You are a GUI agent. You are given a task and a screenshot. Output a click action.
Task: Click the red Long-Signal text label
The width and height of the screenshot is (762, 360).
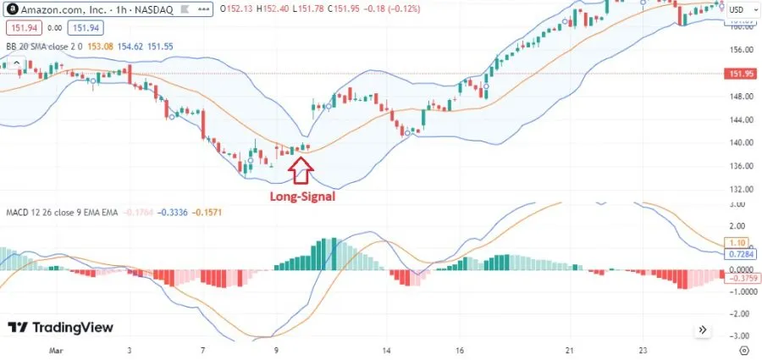(x=302, y=197)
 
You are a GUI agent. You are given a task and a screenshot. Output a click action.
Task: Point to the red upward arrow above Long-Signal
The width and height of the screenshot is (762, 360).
(x=301, y=172)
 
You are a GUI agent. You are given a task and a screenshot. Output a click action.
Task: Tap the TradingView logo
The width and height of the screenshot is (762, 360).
(x=60, y=328)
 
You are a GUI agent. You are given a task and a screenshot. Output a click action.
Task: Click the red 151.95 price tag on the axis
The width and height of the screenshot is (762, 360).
(x=741, y=74)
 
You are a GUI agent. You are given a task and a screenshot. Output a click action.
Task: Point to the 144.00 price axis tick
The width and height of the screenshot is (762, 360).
(x=741, y=119)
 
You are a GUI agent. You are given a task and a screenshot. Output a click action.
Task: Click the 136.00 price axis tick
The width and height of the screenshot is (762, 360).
(x=741, y=166)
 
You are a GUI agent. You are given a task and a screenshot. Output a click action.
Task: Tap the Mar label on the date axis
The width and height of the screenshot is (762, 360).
(x=57, y=349)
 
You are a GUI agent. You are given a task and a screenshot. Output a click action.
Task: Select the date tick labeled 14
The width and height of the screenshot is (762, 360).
(x=386, y=349)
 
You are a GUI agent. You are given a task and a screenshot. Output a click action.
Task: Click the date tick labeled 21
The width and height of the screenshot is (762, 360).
(x=571, y=349)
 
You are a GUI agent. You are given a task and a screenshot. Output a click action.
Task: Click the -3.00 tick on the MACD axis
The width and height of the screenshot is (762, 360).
(x=739, y=335)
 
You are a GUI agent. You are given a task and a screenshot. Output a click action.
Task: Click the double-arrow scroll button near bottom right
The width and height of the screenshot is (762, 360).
(x=703, y=330)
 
